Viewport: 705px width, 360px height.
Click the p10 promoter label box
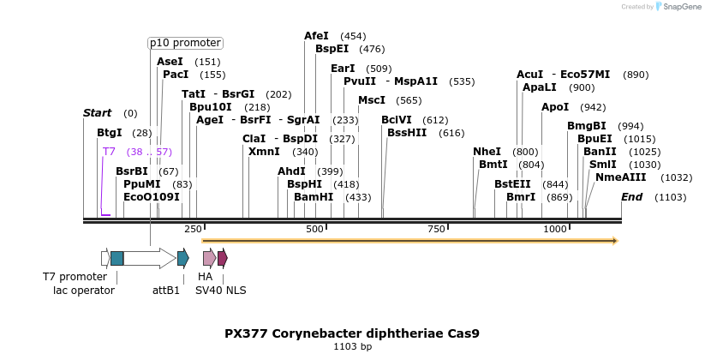coord(185,43)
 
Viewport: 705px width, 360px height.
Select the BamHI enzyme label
coord(314,197)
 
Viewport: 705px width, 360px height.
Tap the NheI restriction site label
coord(487,152)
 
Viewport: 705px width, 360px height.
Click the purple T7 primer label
coord(109,152)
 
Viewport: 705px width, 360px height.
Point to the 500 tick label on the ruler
coord(314,229)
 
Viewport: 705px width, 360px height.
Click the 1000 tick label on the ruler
coord(554,229)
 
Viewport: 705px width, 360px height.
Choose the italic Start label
coord(97,113)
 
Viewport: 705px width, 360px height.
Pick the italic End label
coord(631,197)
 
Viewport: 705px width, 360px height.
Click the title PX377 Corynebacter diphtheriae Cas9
coord(352,333)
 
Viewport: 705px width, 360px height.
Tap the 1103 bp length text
coord(352,347)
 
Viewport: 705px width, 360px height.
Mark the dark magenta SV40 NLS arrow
coord(223,258)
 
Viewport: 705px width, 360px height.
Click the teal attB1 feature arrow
coord(182,258)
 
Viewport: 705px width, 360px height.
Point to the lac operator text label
coord(84,291)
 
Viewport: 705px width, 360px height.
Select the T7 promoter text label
coord(75,277)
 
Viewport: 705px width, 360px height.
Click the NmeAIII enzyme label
coord(620,177)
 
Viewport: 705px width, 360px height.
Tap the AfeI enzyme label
coord(316,36)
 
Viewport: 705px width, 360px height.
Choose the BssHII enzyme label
coord(407,133)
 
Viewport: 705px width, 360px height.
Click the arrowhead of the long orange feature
coord(614,241)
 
